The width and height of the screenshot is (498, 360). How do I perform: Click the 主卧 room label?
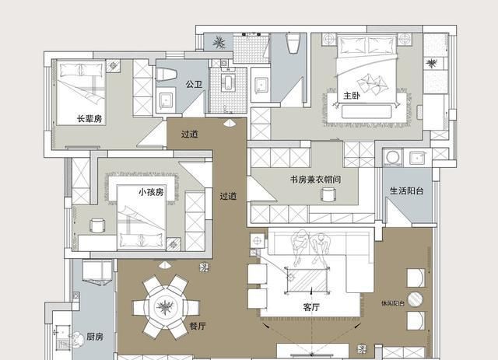coord(352,96)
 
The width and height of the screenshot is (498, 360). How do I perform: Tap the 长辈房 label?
coord(90,118)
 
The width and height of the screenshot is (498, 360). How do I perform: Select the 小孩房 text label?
coord(151,191)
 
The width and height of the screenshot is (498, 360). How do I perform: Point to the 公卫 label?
coord(194,84)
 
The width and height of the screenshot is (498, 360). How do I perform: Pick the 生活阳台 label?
coord(406,190)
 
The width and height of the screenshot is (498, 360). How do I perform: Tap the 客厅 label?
coord(312,307)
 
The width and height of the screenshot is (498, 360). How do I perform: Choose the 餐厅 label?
coord(198,327)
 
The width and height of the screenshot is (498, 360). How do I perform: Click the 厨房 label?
coord(95,337)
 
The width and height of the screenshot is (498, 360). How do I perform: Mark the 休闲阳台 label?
coord(393,302)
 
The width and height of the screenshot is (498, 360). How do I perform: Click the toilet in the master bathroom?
coord(294,44)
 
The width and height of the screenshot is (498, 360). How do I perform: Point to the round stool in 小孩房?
coord(97,225)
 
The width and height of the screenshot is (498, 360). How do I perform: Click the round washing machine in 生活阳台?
coord(392,159)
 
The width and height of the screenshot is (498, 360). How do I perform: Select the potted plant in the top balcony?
coord(220,42)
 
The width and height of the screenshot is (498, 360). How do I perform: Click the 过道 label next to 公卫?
coord(190,134)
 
